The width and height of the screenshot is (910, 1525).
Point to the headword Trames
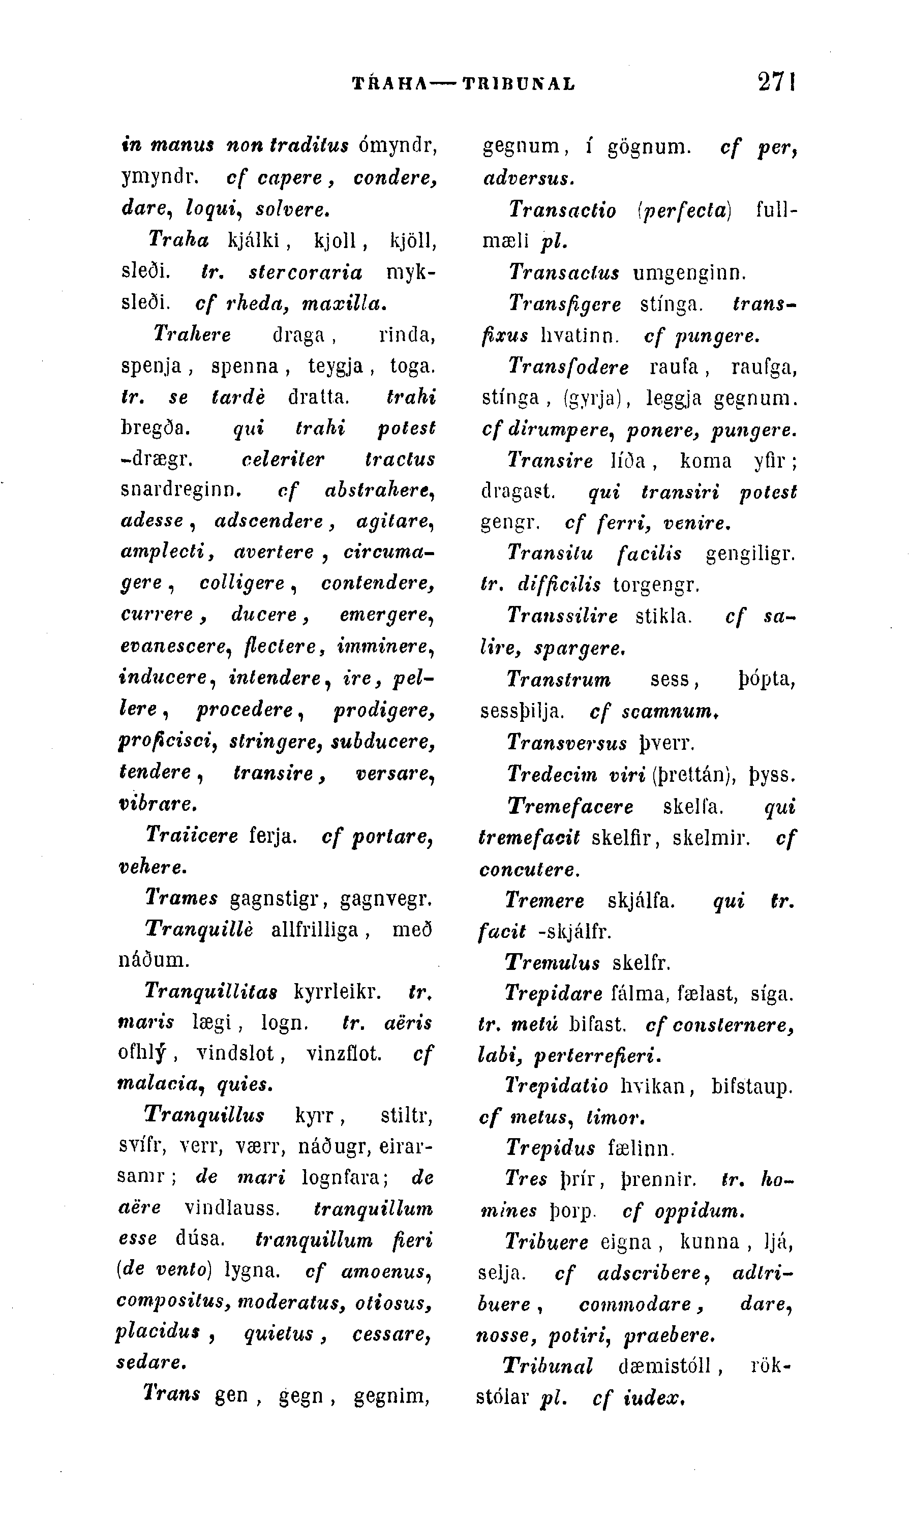pos(181,898)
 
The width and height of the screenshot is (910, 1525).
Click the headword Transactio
pos(562,210)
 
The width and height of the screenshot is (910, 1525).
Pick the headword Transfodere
pos(568,367)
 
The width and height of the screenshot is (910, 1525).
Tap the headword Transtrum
pos(559,680)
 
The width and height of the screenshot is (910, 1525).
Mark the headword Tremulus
pos(552,962)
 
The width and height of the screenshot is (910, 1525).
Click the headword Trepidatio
pos(556,1086)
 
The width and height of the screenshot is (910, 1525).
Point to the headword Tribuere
pos(546,1242)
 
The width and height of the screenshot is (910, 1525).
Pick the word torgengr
pos(655,585)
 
